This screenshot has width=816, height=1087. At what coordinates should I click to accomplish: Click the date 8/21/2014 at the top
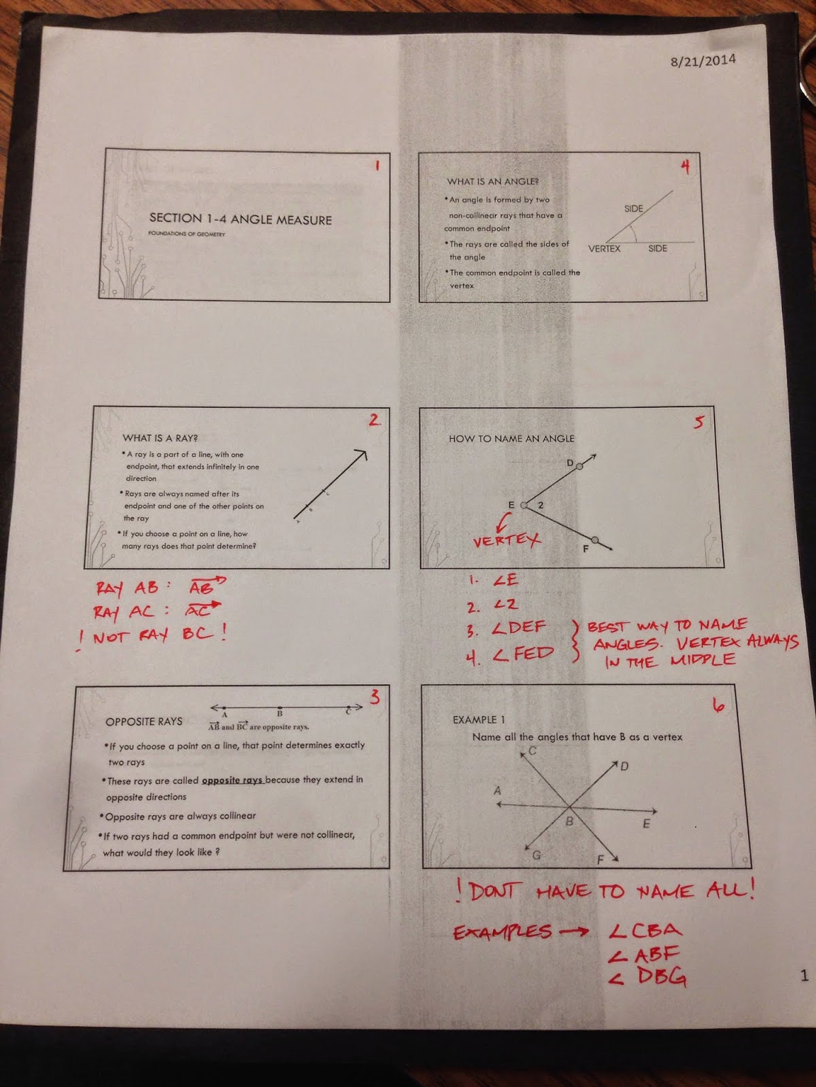(x=702, y=60)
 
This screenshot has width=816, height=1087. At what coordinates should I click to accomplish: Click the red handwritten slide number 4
(x=685, y=166)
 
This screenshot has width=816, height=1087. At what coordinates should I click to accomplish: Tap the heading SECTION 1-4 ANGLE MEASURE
(x=240, y=219)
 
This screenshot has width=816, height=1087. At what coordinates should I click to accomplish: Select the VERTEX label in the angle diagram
(x=604, y=249)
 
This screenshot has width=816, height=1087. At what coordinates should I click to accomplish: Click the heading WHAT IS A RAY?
(x=160, y=438)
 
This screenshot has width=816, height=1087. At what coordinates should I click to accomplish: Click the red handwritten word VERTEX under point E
(x=507, y=541)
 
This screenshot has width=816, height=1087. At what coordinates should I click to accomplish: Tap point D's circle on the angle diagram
(x=579, y=467)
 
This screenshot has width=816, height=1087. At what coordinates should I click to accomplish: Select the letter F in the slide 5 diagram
(x=585, y=549)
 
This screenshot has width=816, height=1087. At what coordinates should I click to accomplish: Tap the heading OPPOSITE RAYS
(x=143, y=721)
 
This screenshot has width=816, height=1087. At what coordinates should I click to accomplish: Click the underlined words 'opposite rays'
(x=233, y=780)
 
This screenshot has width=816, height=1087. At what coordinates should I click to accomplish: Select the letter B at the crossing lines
(x=570, y=821)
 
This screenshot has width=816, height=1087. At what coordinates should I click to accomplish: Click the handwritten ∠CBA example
(x=645, y=930)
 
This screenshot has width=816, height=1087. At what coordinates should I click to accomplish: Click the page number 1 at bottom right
(x=804, y=976)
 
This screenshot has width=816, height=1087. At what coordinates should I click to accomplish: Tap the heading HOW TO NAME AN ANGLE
(x=511, y=439)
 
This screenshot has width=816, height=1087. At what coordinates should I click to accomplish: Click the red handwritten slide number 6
(x=718, y=706)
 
